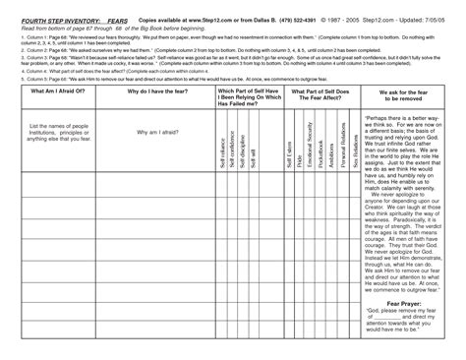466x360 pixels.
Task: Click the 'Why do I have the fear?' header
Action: (156, 90)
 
